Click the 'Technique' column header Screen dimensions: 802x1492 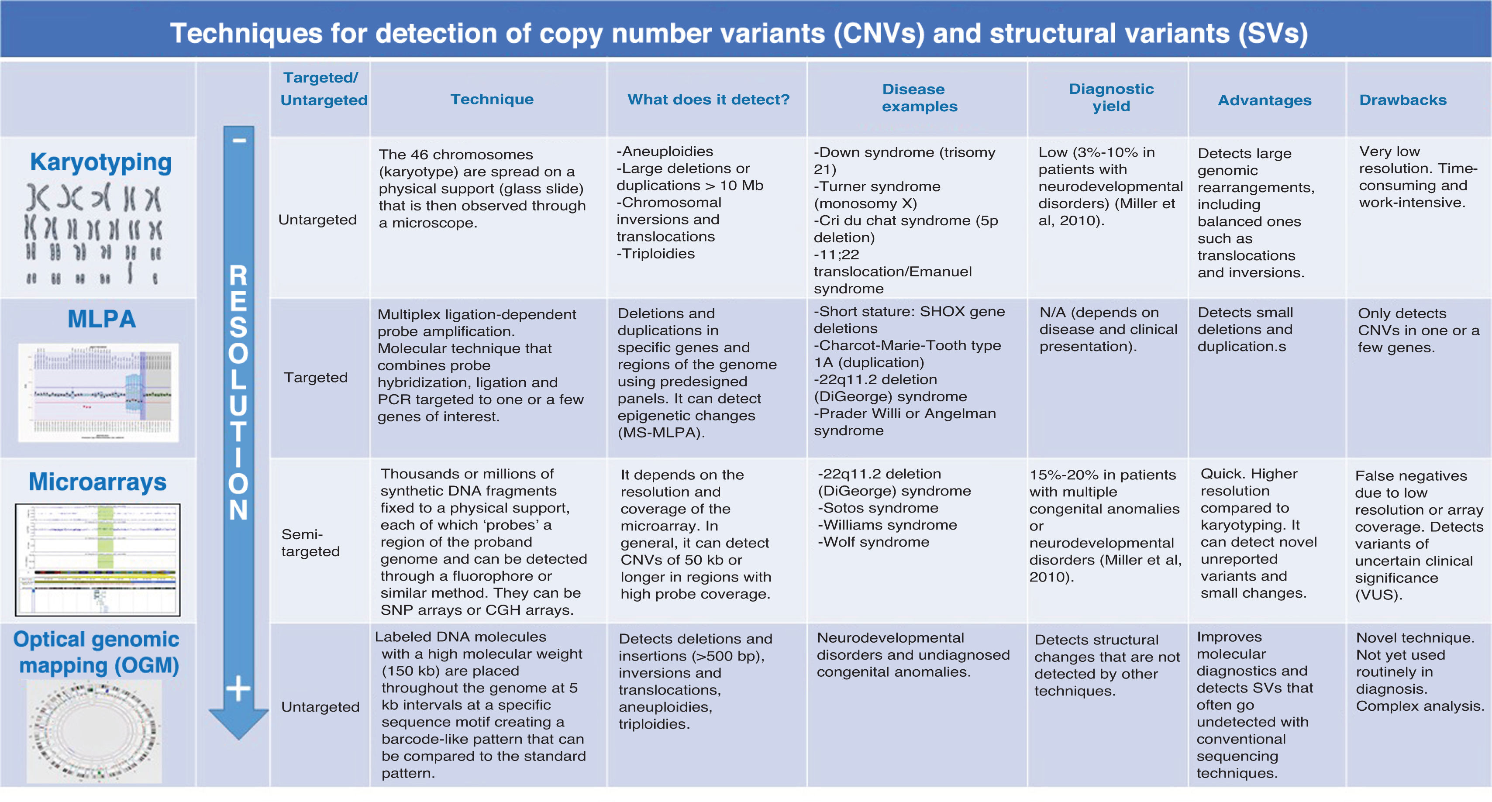[x=492, y=99]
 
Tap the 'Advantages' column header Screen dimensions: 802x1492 [x=1265, y=100]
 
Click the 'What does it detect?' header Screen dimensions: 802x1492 [x=708, y=100]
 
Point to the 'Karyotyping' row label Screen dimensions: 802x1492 [x=101, y=162]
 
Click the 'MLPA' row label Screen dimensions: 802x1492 [x=101, y=319]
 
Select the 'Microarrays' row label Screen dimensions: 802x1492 [x=97, y=482]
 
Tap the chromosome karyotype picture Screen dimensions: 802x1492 [x=94, y=234]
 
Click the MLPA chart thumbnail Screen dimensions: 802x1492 [x=99, y=392]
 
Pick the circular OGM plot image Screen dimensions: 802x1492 [x=94, y=731]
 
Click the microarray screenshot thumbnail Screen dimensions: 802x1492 [x=98, y=559]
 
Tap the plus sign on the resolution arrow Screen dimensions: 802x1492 [x=238, y=688]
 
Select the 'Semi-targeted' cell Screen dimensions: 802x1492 [x=310, y=543]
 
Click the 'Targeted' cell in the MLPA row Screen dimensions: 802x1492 [x=316, y=378]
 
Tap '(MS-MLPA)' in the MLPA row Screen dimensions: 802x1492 [x=661, y=433]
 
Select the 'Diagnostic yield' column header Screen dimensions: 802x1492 [x=1111, y=97]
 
